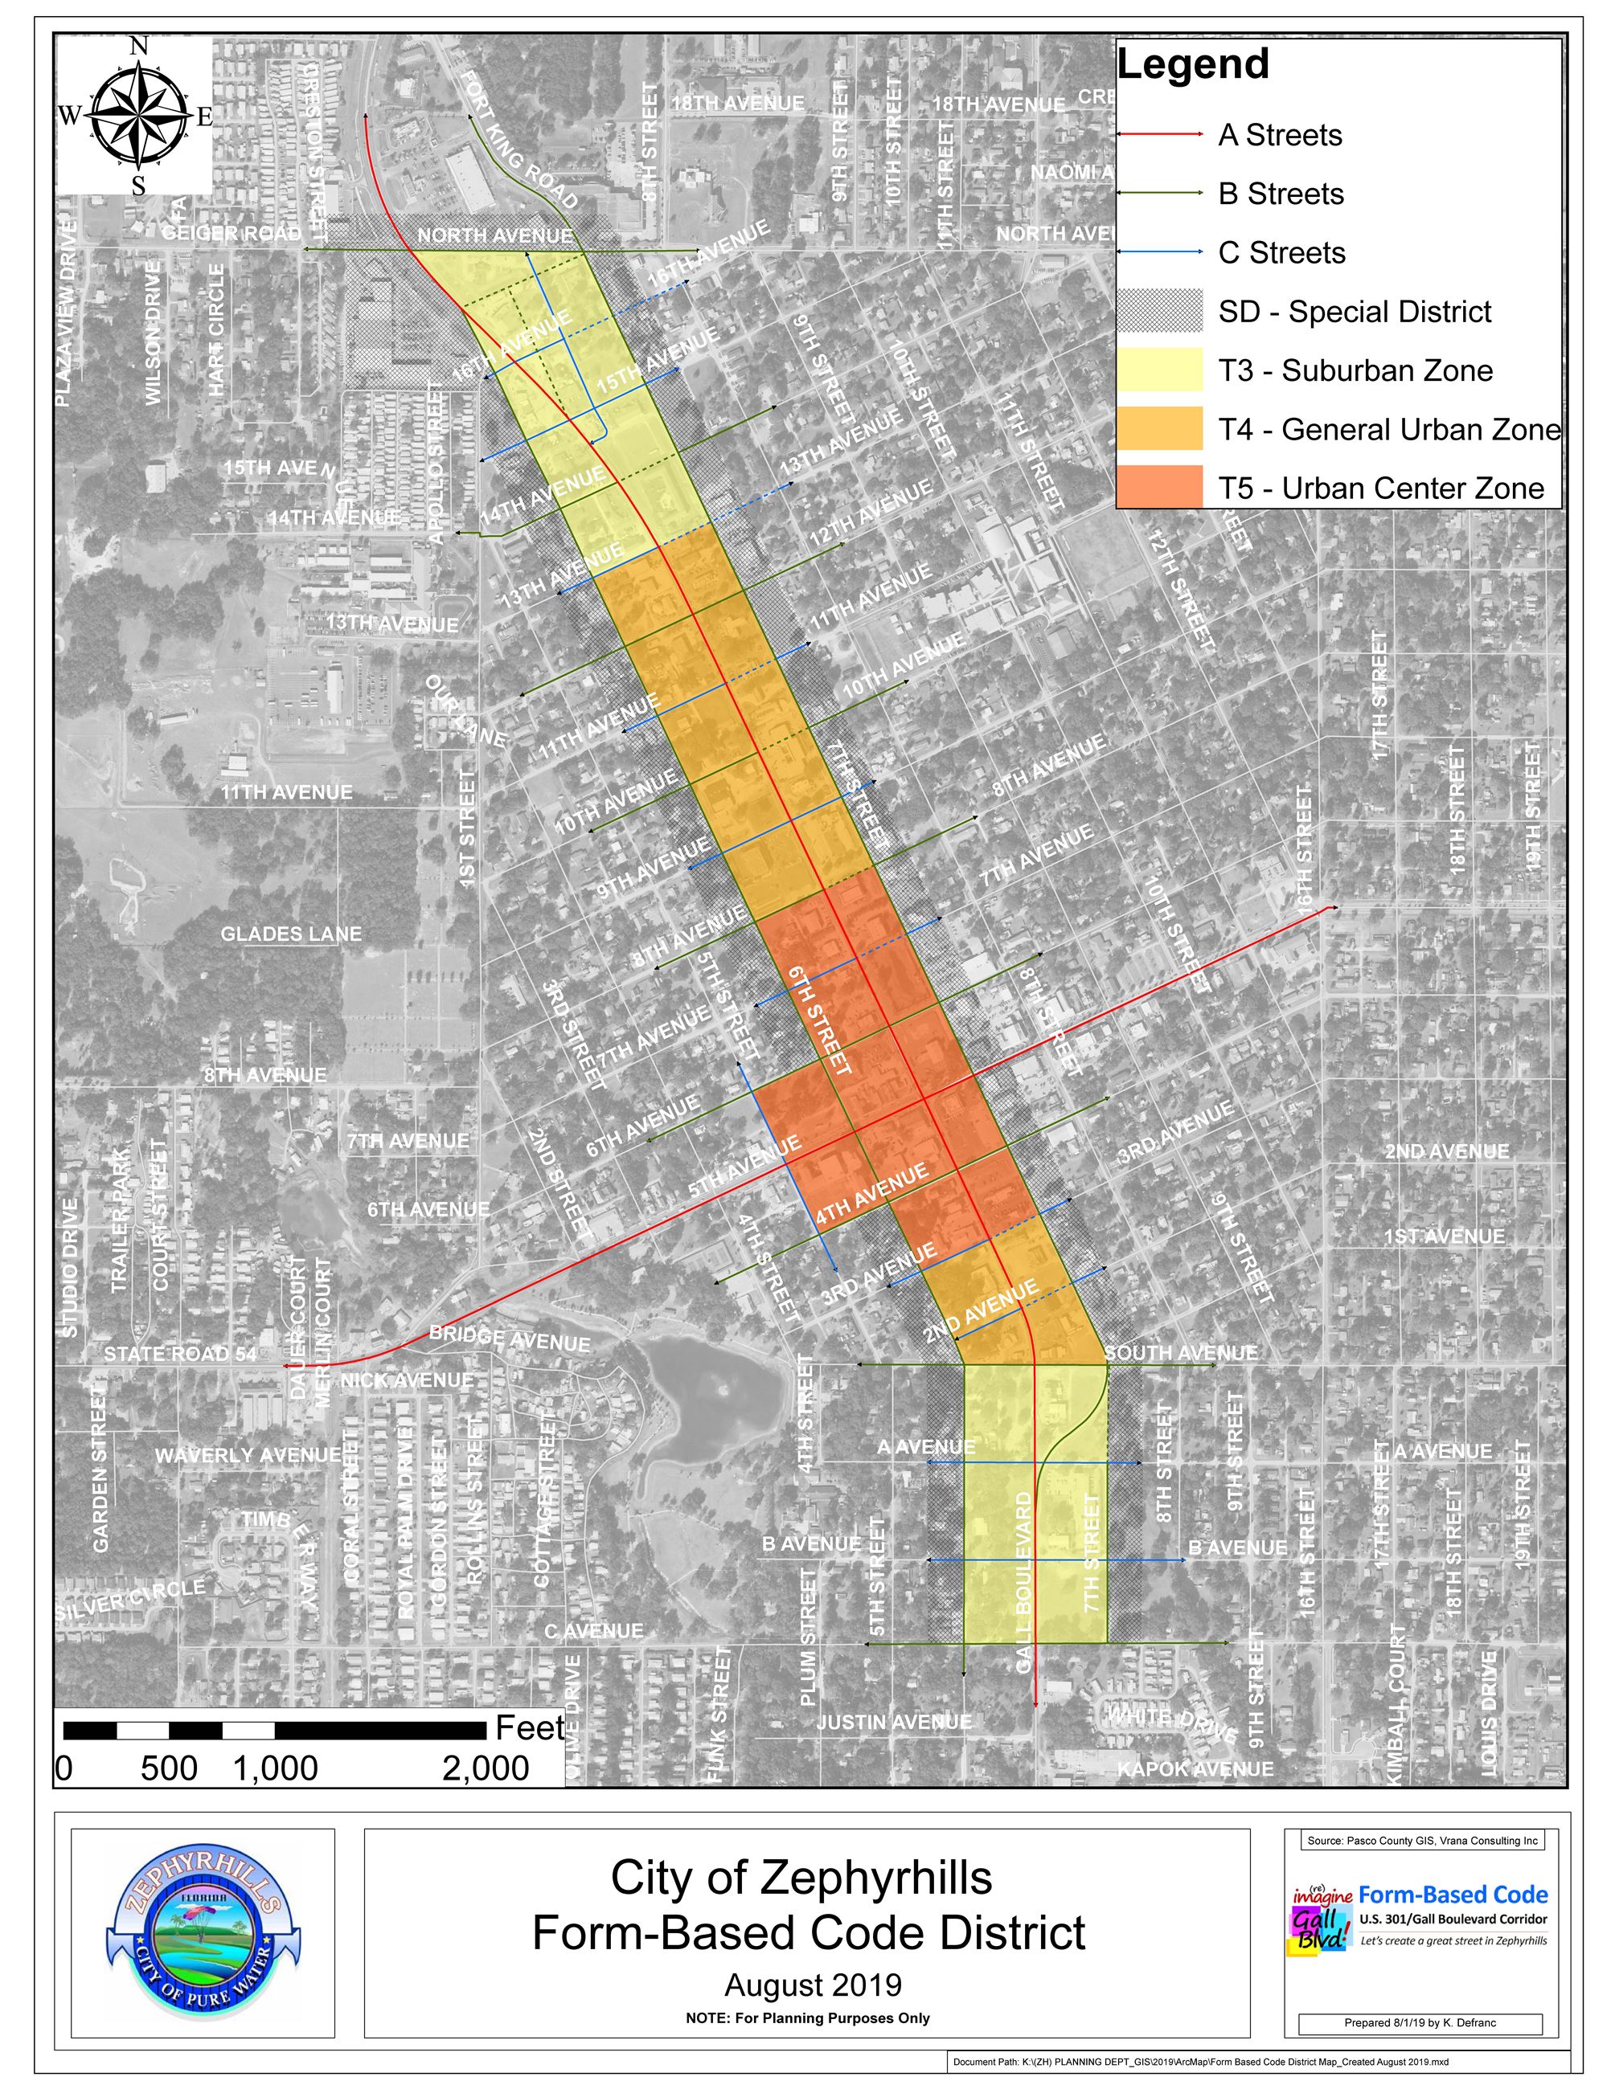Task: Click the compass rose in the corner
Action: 137,116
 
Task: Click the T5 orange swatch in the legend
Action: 1158,487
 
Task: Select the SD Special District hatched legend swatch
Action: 1158,311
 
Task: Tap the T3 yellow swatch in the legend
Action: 1158,370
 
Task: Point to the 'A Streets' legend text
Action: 1280,136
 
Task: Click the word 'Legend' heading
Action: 1193,65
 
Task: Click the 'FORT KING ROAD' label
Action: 520,141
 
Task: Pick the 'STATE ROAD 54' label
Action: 180,1354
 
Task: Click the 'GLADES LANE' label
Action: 291,934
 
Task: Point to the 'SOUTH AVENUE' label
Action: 1181,1352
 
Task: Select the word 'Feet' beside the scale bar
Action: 529,1727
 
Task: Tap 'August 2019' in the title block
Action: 812,1985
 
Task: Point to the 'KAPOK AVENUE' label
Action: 1195,1769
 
